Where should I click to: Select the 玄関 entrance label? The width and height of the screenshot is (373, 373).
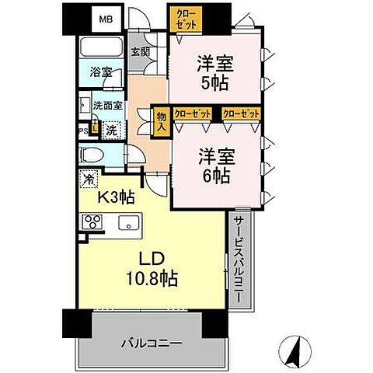[x=140, y=53]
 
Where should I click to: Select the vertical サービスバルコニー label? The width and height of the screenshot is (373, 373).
[x=239, y=260]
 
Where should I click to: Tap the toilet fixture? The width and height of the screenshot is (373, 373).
[x=92, y=155]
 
